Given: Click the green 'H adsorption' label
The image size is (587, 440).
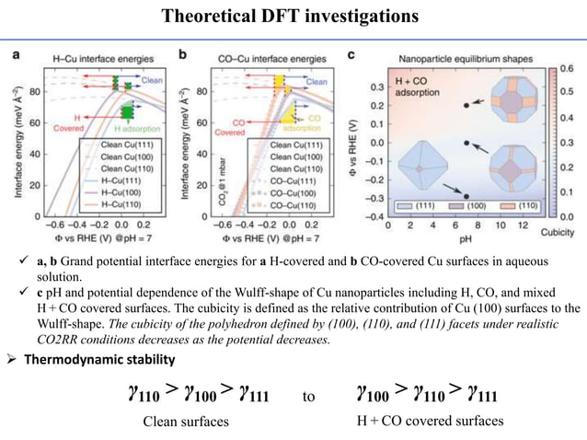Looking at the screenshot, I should pos(136,126).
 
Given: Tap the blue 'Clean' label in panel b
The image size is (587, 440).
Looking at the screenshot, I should pos(317,81).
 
